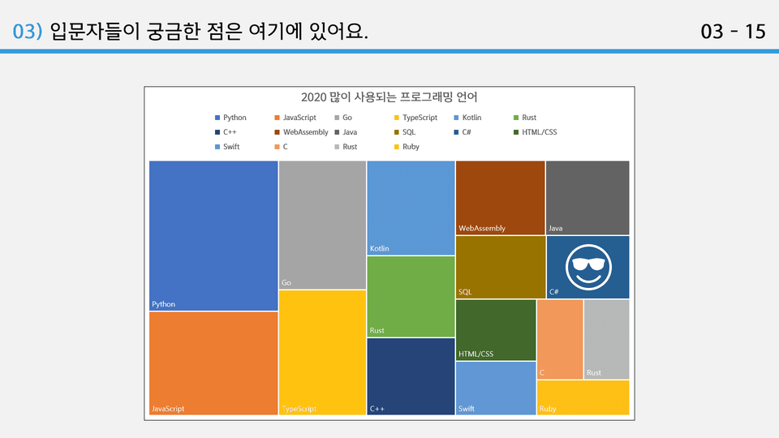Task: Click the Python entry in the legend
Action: click(230, 118)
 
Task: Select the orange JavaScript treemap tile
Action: click(213, 363)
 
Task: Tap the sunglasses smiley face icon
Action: click(588, 267)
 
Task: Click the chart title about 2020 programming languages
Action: click(389, 97)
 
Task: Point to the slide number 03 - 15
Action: click(733, 32)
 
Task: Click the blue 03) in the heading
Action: click(28, 32)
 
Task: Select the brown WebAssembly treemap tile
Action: click(501, 198)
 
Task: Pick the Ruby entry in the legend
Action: click(407, 147)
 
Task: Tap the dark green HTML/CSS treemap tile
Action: click(496, 330)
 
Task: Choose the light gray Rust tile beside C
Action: click(607, 339)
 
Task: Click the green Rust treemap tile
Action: click(411, 297)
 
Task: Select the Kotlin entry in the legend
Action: click(467, 118)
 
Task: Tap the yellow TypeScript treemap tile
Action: click(322, 353)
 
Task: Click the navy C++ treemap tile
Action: click(411, 376)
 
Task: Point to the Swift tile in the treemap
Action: click(496, 389)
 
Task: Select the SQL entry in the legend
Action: click(405, 132)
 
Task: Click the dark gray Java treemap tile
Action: click(587, 198)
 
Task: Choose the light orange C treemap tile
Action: click(560, 339)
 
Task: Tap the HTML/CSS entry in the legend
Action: click(535, 132)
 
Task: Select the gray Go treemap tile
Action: click(322, 225)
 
